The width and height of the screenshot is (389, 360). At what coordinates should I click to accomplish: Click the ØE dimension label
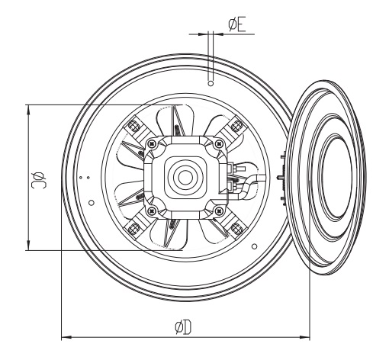pos(237,25)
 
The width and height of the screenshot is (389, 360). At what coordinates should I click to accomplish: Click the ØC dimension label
pos(39,180)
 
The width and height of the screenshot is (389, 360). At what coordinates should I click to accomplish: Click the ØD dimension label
pos(183,327)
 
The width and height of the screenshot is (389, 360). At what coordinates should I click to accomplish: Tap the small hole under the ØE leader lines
pos(211,83)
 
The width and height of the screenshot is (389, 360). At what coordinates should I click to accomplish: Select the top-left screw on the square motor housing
pos(152,144)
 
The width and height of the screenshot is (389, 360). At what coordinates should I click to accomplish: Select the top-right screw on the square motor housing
pos(219,144)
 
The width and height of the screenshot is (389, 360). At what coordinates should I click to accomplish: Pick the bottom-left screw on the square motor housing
pos(152,211)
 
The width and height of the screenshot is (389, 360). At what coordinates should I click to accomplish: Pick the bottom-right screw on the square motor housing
pos(219,211)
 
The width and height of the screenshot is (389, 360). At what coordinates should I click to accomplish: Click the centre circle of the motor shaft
pos(185,177)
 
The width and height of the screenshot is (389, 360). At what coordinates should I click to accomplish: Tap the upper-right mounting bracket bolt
pos(237,124)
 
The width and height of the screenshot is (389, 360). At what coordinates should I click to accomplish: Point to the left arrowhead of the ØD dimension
pos(66,337)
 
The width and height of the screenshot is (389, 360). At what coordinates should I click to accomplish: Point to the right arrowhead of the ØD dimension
pos(305,337)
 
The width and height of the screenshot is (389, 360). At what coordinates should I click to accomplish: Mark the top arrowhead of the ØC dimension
pos(28,110)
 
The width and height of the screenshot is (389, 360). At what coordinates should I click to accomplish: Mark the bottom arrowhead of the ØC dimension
pos(28,246)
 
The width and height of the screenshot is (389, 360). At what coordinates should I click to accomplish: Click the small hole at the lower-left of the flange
pos(92,203)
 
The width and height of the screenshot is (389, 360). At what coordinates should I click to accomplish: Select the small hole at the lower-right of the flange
pos(254,246)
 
